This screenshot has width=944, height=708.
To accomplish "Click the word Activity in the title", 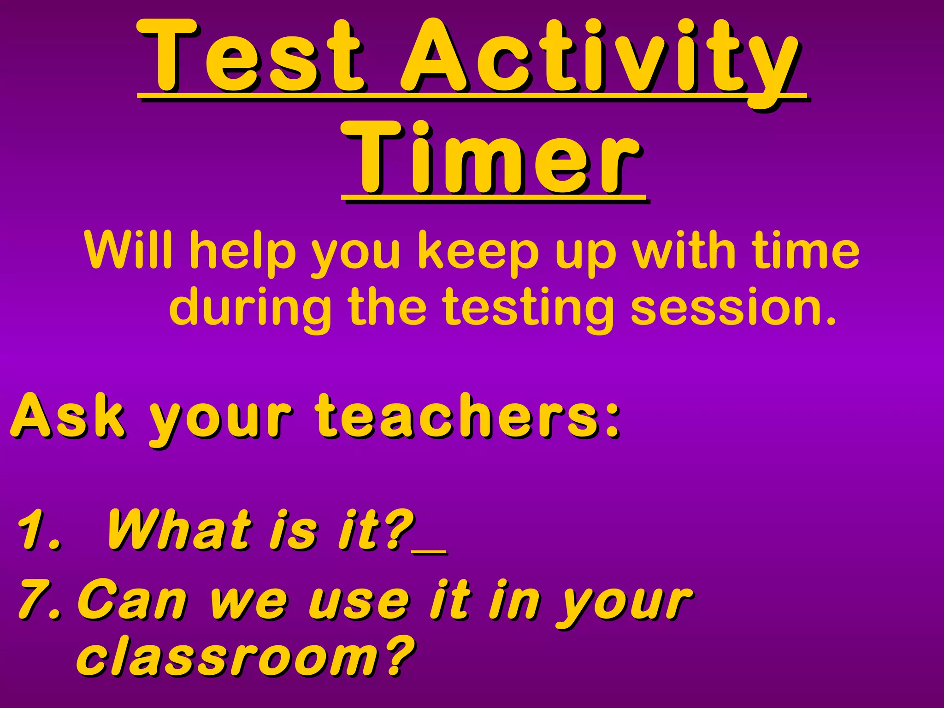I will (x=599, y=58).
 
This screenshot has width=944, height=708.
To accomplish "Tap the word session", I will (x=733, y=307).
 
